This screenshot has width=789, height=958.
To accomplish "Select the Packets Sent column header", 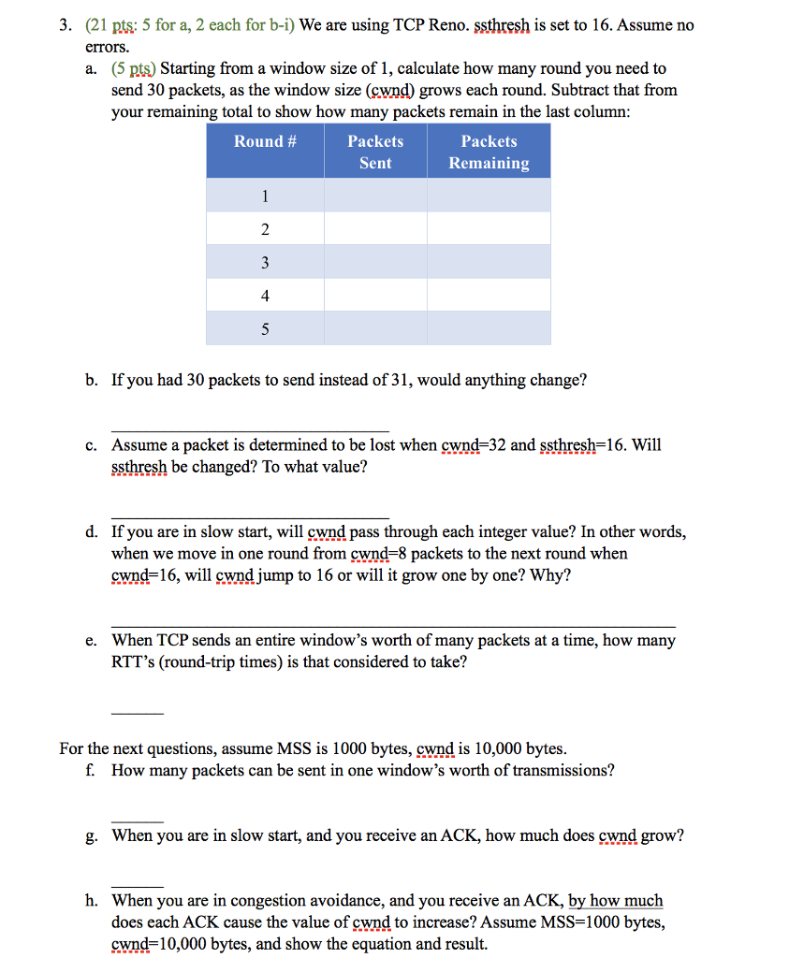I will coord(375,152).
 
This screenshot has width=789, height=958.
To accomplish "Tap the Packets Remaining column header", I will coord(489,152).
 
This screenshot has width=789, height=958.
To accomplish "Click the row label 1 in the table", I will coord(265,196).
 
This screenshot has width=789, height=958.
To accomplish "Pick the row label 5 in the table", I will coord(265,329).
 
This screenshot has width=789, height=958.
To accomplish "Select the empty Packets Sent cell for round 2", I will coord(375,229).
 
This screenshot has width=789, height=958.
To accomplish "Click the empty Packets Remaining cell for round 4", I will coord(489,296).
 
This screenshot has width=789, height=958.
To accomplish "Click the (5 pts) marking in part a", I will coord(134,69).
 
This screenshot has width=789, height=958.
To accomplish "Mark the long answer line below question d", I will coord(393,627).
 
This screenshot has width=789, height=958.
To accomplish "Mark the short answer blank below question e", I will coord(137,714).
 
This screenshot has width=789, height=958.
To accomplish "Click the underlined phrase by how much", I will coord(616,901).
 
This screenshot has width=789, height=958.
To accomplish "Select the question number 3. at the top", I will coord(67,25).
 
